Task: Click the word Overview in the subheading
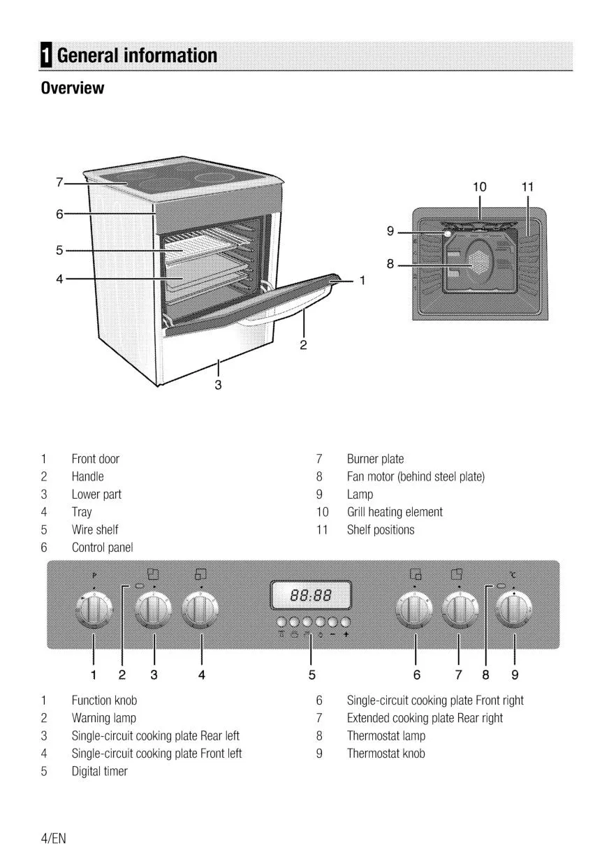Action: coord(72,88)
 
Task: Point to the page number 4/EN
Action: coord(53,837)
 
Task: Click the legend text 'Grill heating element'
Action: coord(395,512)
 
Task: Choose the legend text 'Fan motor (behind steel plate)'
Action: coord(416,476)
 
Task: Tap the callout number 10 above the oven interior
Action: coord(479,186)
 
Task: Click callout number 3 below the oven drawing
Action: coord(218,384)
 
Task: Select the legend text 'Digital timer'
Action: coord(100,771)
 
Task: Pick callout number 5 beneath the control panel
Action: coord(311,675)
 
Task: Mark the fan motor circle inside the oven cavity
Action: coord(479,261)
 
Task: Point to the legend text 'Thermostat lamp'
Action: coord(386,735)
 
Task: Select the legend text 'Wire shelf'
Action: coord(95,529)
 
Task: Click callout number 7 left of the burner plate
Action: coord(60,183)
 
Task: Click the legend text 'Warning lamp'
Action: coord(104,718)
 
